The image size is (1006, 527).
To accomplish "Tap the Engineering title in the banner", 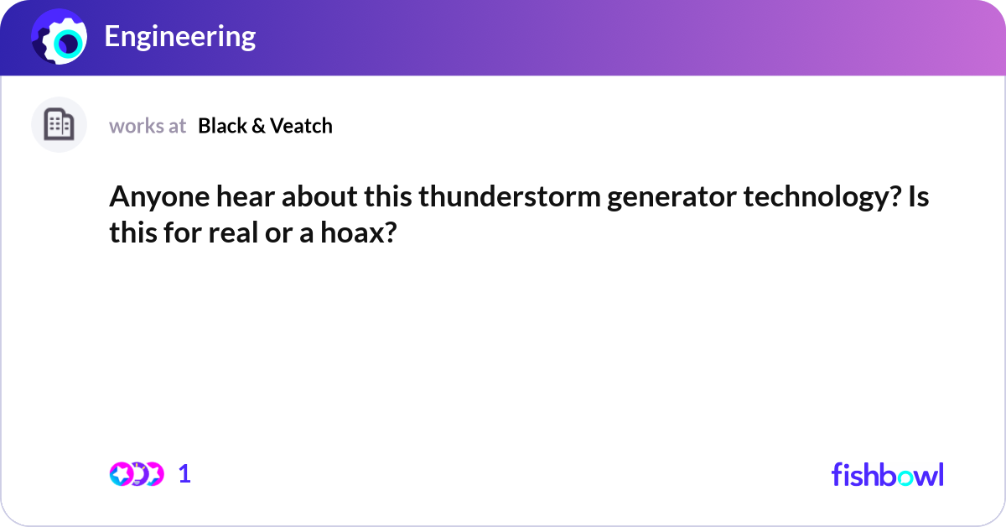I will [179, 37].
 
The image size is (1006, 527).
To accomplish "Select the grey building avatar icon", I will [59, 125].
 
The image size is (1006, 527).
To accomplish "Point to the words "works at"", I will [148, 126].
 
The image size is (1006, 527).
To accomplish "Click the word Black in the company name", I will [221, 126].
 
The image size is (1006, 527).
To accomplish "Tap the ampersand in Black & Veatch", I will [258, 126].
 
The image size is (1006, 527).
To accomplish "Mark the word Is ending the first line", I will [916, 198].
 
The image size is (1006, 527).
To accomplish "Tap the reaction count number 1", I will [184, 474].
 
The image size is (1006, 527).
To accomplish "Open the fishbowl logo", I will [887, 474].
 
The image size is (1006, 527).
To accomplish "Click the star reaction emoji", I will [121, 474].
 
